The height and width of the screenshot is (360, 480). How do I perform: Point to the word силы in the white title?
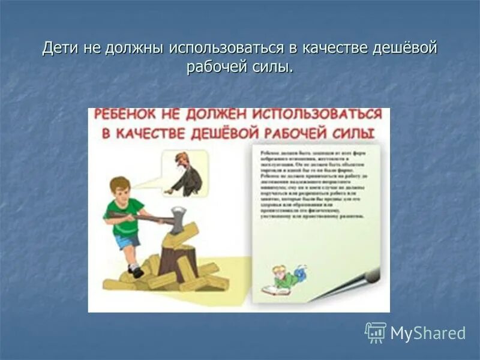pyautogui.click(x=277, y=67)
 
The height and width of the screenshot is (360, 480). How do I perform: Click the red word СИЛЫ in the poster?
pyautogui.click(x=355, y=133)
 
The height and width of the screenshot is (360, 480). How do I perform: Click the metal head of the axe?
pyautogui.click(x=178, y=220)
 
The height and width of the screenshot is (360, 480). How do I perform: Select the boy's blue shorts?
pyautogui.click(x=127, y=239)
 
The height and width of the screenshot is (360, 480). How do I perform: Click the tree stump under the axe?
pyautogui.click(x=178, y=261)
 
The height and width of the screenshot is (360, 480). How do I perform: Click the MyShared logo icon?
pyautogui.click(x=376, y=332)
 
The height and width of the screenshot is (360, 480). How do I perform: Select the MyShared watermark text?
pyautogui.click(x=428, y=333)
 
